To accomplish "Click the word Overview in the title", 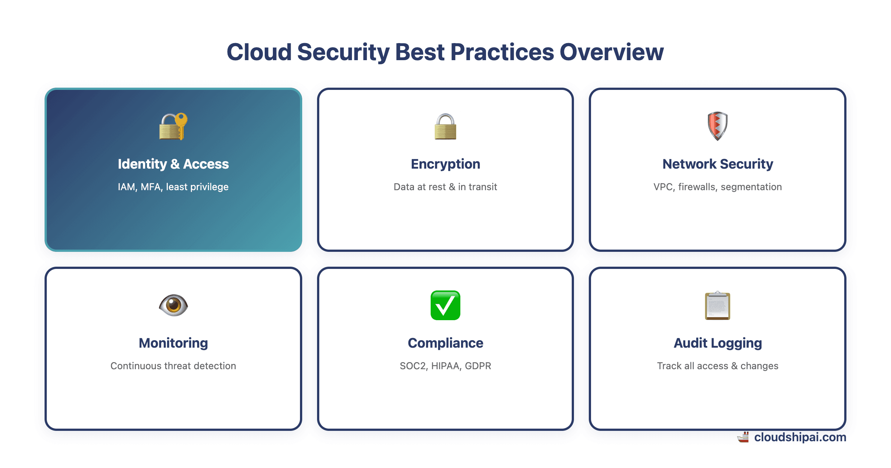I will (x=611, y=52).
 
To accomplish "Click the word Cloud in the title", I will (x=259, y=52).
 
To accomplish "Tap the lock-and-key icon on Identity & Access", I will (x=173, y=126).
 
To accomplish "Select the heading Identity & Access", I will (x=173, y=164).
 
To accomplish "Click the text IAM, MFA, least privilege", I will (x=173, y=187).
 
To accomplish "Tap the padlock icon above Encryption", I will (x=445, y=127).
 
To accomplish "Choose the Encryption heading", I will (x=445, y=164).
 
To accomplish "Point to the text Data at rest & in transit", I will (x=445, y=187).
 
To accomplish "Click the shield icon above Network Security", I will (x=717, y=126).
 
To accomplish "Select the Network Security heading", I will (x=717, y=164).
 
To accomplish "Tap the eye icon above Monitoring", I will (x=173, y=305).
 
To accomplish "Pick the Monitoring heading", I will (x=173, y=343).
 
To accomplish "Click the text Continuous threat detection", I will (x=173, y=366).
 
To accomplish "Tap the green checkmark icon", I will (x=445, y=305).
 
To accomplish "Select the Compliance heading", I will (x=445, y=343).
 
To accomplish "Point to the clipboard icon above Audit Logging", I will (x=717, y=305).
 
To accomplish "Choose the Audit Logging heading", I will (x=717, y=343).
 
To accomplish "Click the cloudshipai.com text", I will (x=800, y=437).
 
